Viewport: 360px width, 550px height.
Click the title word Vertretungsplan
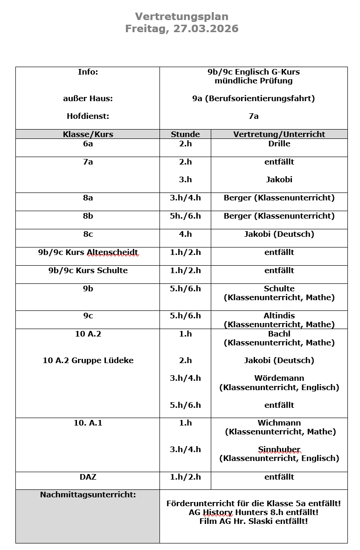pos(181,17)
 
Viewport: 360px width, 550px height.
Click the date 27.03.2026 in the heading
pos(206,29)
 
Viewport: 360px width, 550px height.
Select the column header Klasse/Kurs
pos(88,134)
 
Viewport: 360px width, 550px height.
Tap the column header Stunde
pos(185,134)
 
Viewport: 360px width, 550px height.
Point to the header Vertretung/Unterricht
pos(279,134)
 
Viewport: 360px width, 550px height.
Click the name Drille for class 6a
pos(279,144)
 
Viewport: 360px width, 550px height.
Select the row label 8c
pos(88,234)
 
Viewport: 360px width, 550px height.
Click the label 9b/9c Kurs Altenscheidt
pos(88,253)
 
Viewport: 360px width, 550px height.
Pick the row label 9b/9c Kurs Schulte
pos(88,271)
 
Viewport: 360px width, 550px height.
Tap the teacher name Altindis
pos(279,316)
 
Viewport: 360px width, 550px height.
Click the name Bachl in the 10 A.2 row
pos(279,334)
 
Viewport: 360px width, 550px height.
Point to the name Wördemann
pos(279,378)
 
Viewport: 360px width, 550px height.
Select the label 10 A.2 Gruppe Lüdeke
pos(88,360)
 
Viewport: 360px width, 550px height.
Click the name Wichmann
pos(279,423)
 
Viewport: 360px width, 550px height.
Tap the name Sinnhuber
pos(279,450)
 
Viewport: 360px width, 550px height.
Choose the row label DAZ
pos(88,477)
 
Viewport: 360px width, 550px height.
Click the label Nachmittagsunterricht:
pos(88,495)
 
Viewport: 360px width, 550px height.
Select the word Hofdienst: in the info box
pos(88,116)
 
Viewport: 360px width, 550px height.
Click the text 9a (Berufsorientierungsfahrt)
pos(253,98)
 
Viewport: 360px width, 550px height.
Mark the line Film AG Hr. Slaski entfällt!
pos(253,521)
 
